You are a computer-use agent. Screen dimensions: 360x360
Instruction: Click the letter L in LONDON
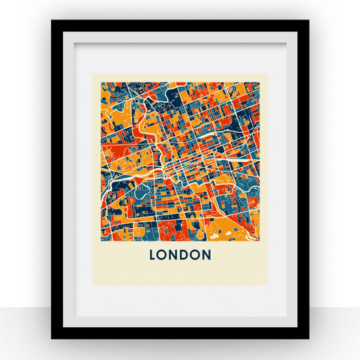[154, 255]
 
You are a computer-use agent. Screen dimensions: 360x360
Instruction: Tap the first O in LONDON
[164, 255]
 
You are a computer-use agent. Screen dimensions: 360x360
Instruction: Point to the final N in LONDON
[206, 255]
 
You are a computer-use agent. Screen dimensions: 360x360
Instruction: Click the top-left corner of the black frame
[52, 21]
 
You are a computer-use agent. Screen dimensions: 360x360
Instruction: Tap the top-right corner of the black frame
[307, 21]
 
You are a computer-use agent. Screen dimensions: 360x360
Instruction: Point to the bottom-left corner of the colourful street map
[100, 239]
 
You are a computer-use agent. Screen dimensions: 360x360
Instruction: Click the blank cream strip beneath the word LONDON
[180, 274]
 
